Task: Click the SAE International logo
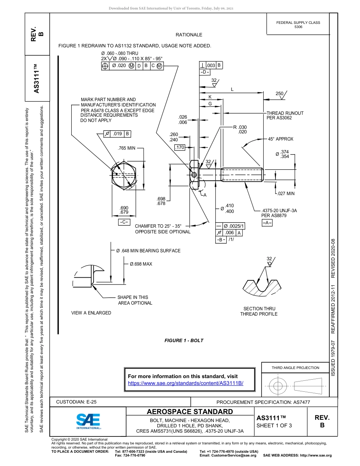tap(88, 421)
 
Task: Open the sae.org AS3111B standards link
tap(185, 383)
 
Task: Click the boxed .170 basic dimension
tap(180, 147)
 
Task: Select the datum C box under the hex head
tap(124, 222)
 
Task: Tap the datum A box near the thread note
tap(267, 223)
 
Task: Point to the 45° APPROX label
tap(280, 139)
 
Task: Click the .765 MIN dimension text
tap(127, 148)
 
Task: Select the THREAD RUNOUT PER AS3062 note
tap(285, 116)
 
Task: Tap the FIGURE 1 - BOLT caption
tap(184, 341)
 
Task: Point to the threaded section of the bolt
tap(242, 174)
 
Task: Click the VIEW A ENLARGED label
tap(91, 313)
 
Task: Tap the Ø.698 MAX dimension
tap(141, 264)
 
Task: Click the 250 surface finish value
tap(279, 94)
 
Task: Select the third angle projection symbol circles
tap(279, 386)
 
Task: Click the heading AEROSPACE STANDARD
tap(190, 412)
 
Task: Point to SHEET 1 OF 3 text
tap(274, 425)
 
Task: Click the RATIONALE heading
tap(189, 35)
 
